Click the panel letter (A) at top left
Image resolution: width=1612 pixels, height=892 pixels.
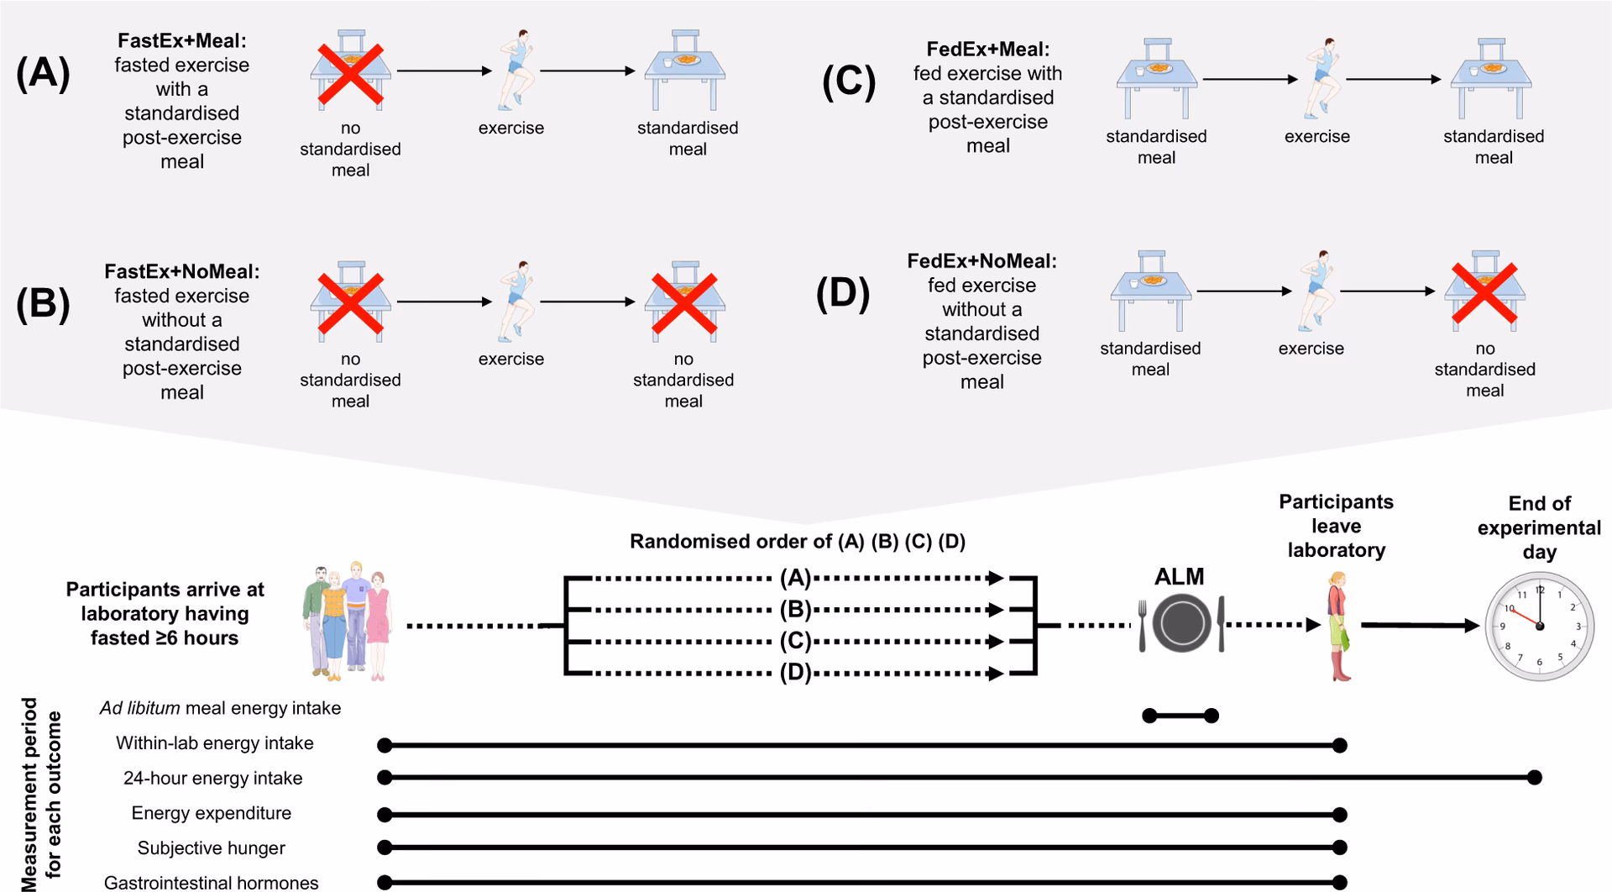pos(42,74)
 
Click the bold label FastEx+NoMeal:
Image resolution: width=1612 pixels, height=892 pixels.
pos(182,271)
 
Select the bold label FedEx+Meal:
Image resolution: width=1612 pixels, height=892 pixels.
pos(988,50)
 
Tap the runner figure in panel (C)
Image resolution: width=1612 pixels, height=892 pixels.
pos(1318,77)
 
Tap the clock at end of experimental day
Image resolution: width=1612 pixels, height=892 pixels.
pos(1539,626)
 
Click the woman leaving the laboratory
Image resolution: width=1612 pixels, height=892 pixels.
pos(1337,626)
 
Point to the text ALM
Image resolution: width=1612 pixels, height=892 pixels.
pos(1179,577)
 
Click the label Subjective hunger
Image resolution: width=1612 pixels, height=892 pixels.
pos(212,848)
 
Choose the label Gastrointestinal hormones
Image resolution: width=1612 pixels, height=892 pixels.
pos(212,883)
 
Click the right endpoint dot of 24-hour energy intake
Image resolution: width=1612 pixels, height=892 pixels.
pos(1534,778)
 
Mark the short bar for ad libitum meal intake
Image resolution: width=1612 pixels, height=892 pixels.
pos(1180,716)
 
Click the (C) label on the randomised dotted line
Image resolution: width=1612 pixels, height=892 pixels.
pos(795,642)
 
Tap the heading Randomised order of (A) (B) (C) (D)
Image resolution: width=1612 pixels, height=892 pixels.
pos(798,542)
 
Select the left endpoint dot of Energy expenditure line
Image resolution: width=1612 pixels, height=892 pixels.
pos(385,814)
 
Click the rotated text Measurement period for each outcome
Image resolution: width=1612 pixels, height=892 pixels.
pos(42,794)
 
